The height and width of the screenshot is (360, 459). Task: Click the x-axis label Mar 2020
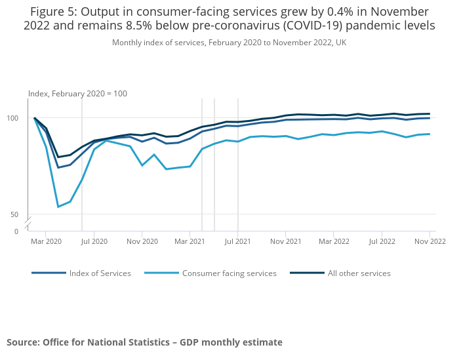(46, 241)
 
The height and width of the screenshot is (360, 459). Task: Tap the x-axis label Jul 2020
(94, 241)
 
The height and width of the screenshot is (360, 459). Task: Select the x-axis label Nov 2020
(142, 241)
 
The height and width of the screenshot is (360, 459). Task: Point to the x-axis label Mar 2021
(190, 241)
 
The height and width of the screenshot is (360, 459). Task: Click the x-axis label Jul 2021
(238, 241)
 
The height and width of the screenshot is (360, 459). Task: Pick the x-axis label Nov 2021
(286, 241)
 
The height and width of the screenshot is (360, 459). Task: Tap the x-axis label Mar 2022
(334, 241)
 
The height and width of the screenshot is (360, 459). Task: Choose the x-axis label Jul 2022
(382, 241)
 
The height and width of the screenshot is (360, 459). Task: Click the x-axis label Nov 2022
(429, 241)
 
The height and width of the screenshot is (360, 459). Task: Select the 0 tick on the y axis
(16, 231)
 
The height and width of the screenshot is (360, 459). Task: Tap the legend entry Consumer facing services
(229, 273)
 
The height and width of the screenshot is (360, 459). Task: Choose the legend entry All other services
(359, 273)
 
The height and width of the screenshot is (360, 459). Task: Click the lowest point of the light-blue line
(58, 207)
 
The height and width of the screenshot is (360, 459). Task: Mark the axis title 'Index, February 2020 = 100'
(77, 94)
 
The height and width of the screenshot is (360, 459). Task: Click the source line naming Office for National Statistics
(144, 342)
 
